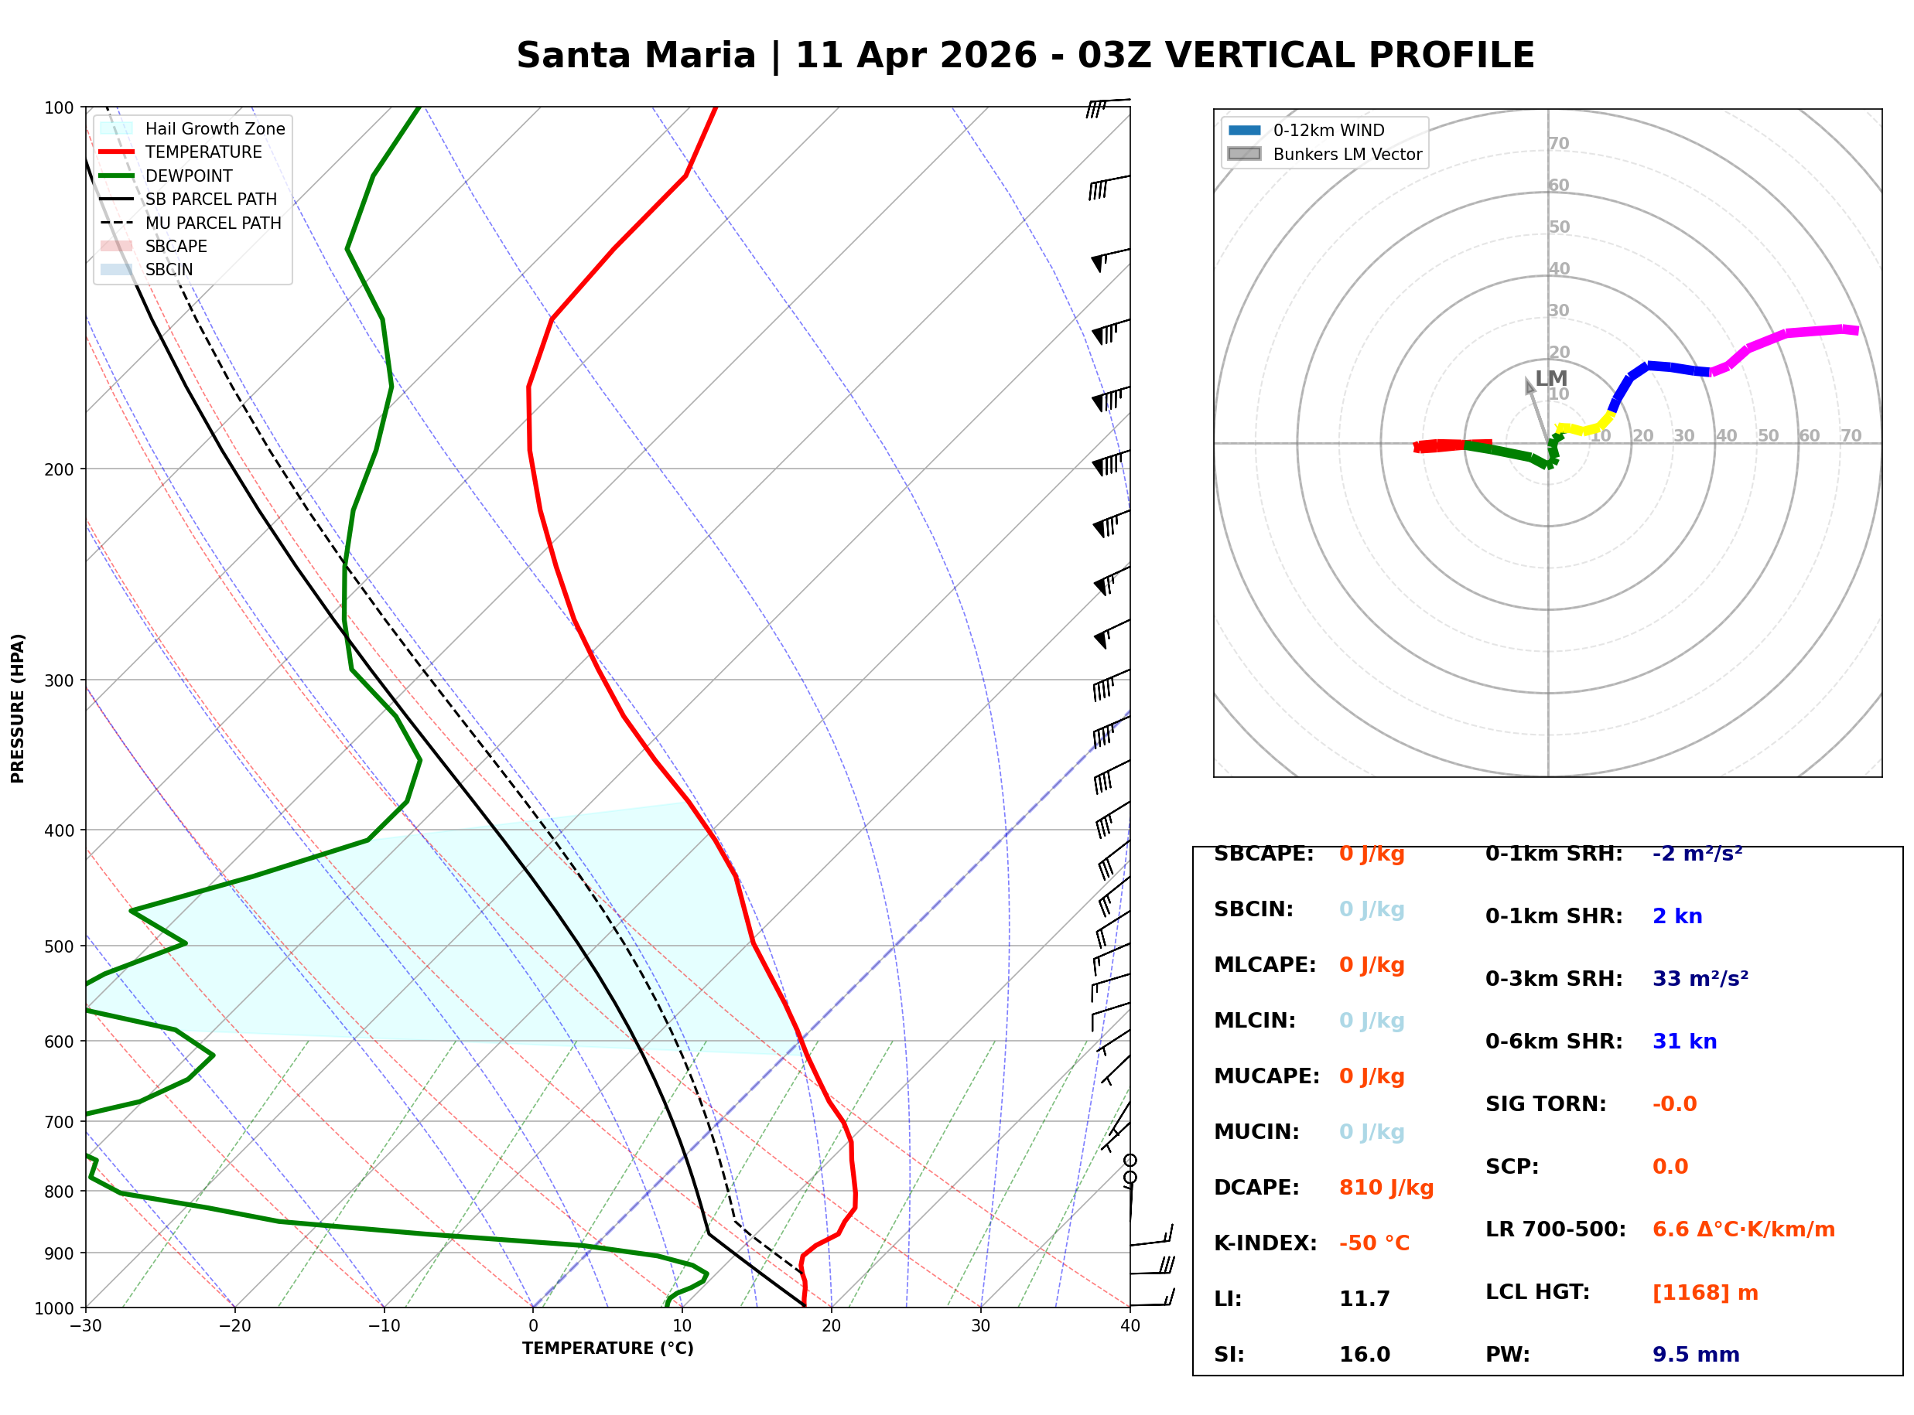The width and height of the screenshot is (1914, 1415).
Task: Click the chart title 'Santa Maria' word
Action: (x=636, y=56)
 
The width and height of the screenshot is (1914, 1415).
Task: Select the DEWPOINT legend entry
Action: (x=189, y=176)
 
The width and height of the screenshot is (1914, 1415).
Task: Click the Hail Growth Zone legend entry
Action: (x=214, y=128)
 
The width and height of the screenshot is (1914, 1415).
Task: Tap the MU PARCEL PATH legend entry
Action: (x=213, y=223)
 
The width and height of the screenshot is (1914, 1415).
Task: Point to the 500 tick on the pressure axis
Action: (x=58, y=946)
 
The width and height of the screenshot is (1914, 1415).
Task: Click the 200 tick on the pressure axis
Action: (x=58, y=469)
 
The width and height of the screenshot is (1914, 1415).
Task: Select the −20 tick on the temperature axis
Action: (x=234, y=1326)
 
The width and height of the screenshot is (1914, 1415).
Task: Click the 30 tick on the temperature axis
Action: (x=980, y=1326)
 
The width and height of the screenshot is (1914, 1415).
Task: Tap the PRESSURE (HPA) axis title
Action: (x=18, y=708)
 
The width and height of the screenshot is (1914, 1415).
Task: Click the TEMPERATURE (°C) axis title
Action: (x=607, y=1349)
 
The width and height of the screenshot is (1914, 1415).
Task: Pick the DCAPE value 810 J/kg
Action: (x=1386, y=1188)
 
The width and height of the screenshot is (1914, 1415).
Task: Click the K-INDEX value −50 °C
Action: (x=1373, y=1243)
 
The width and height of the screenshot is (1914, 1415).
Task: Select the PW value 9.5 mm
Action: (x=1696, y=1355)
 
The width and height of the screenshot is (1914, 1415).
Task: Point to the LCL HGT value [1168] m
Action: (x=1705, y=1294)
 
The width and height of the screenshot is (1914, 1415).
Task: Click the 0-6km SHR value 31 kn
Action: (x=1684, y=1042)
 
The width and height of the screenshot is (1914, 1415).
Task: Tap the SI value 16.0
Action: (x=1364, y=1355)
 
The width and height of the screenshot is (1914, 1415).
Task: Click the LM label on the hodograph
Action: (x=1550, y=379)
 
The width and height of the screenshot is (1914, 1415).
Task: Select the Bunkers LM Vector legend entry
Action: (x=1346, y=154)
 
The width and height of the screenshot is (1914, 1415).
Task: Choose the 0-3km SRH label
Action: (x=1553, y=979)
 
